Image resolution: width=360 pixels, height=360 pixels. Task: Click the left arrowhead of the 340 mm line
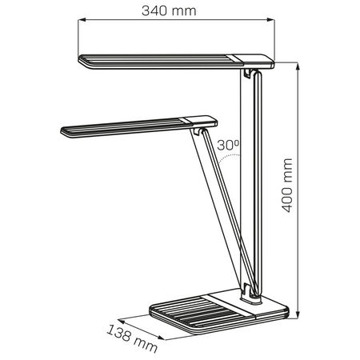click(x=81, y=24)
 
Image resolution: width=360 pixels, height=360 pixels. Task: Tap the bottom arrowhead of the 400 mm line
click(x=297, y=315)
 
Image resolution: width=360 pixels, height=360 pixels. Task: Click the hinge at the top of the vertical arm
click(x=251, y=75)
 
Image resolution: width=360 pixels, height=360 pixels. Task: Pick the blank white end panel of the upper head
click(x=251, y=58)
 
